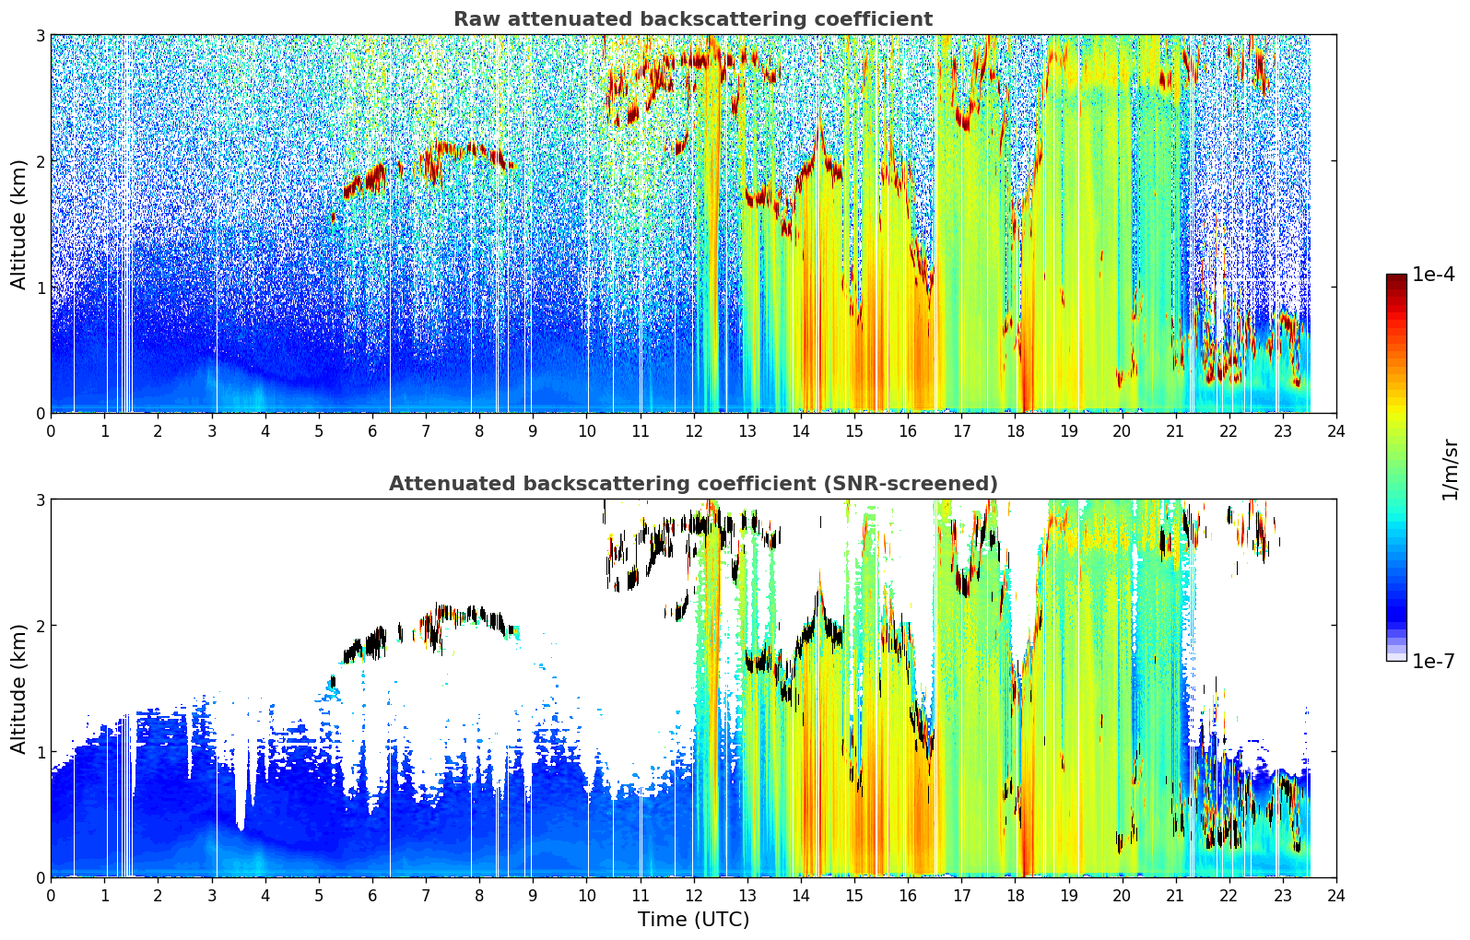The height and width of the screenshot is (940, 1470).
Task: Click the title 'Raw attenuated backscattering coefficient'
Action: (693, 18)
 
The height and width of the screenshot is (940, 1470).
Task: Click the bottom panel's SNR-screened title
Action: (693, 483)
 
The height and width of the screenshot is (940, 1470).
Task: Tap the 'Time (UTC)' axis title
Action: (693, 920)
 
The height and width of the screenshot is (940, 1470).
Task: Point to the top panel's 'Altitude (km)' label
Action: (18, 225)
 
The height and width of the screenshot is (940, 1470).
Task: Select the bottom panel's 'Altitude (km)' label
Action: (18, 688)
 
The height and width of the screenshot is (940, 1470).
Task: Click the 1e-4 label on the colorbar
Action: (1434, 275)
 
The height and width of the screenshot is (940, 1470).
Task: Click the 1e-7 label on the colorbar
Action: (1434, 661)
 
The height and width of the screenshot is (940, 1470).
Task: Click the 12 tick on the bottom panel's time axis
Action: (694, 896)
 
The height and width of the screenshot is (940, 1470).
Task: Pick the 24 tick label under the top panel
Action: (1336, 431)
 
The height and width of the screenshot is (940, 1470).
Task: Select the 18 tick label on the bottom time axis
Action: (1016, 896)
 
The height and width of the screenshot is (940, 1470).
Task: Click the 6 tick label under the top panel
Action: (372, 431)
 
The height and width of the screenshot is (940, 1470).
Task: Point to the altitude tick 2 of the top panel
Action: (40, 161)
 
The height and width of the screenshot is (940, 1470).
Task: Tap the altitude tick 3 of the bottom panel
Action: (40, 499)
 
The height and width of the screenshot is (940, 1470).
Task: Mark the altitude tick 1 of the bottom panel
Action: (40, 752)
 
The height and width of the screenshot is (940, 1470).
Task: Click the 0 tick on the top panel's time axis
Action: (52, 431)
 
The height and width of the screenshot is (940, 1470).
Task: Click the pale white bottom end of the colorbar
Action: (1396, 657)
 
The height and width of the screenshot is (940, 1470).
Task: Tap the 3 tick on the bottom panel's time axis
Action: (212, 896)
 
